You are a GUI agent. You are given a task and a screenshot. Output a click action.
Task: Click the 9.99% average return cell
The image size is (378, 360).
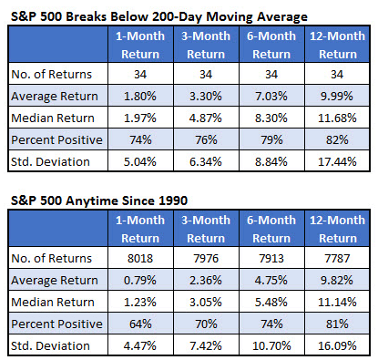tap(337, 97)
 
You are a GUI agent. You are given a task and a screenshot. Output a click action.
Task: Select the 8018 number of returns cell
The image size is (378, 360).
tap(140, 259)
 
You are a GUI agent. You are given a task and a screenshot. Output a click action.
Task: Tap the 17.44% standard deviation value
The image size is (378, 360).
tap(337, 161)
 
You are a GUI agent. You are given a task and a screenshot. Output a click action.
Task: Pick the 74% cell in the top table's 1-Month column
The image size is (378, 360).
tap(140, 139)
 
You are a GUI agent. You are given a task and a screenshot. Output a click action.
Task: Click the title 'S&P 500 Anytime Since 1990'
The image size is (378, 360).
tap(99, 201)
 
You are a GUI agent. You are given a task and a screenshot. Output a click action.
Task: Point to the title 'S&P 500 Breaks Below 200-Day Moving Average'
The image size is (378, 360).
tap(159, 16)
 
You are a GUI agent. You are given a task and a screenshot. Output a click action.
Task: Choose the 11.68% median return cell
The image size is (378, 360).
tap(337, 118)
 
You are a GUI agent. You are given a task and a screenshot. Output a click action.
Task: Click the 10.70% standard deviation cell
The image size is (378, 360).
tap(271, 345)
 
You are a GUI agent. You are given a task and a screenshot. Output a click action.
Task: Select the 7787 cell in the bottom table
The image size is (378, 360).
tap(337, 259)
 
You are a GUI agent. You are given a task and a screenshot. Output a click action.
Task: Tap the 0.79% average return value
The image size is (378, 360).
tap(140, 280)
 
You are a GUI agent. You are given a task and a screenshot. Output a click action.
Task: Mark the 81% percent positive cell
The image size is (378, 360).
tap(337, 324)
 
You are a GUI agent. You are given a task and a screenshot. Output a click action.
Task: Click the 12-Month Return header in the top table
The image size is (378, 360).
tap(337, 45)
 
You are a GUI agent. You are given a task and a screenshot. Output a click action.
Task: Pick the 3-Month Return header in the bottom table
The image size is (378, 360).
tap(206, 229)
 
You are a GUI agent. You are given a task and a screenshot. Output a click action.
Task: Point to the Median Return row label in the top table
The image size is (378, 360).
tap(53, 118)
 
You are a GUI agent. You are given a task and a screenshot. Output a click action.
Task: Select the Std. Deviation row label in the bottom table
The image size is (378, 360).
tap(50, 345)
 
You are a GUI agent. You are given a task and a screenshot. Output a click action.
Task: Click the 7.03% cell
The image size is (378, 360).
tap(271, 97)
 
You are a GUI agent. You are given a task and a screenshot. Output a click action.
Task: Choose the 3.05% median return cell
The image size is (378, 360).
tap(206, 302)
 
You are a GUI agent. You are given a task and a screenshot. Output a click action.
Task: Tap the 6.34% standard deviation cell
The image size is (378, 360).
tap(206, 161)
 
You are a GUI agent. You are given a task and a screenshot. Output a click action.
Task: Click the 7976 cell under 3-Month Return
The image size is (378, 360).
tap(206, 259)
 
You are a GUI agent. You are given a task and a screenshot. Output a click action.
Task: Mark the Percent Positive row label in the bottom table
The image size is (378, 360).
tap(56, 324)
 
